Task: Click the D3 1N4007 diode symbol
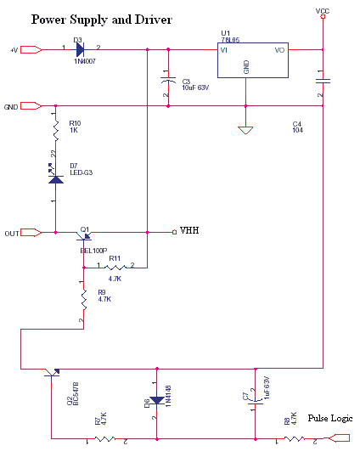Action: tap(80, 49)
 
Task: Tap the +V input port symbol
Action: tap(31, 49)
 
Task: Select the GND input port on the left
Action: tap(31, 106)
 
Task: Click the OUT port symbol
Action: tap(31, 233)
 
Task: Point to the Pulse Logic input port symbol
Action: tap(339, 438)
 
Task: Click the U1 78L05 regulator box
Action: tap(253, 60)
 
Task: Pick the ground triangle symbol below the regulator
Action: tap(245, 130)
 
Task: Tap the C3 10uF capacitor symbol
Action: tap(168, 81)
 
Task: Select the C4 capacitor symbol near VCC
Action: tap(323, 81)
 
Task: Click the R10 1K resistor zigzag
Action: tap(56, 131)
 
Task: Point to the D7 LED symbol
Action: tap(56, 175)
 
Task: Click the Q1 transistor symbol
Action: tap(84, 235)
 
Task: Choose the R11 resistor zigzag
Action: tap(115, 268)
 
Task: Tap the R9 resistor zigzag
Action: tap(84, 300)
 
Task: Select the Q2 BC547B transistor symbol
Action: tap(52, 372)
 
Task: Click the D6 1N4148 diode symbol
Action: tap(157, 401)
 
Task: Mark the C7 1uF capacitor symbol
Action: tap(255, 402)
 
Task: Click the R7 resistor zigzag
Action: tap(105, 438)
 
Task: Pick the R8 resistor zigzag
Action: tap(294, 438)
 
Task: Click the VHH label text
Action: tap(189, 230)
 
